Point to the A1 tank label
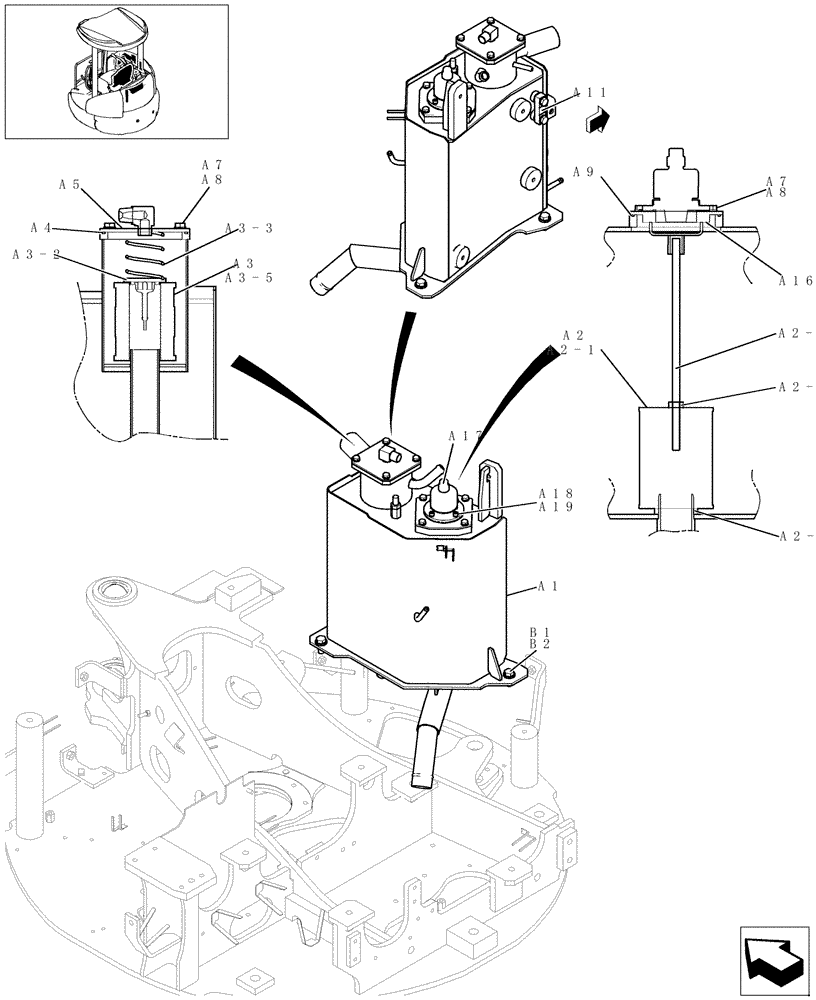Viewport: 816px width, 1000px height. (x=548, y=585)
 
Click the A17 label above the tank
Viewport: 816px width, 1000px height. (x=467, y=436)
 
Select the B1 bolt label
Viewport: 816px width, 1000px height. (x=541, y=631)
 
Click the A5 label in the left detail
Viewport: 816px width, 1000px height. (x=69, y=184)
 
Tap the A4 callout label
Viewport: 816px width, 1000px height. (x=41, y=227)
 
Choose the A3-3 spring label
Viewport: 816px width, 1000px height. (x=249, y=228)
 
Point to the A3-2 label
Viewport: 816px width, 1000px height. (x=36, y=255)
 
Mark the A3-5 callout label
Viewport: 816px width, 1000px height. (x=249, y=278)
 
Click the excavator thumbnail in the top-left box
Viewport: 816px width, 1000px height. (x=115, y=71)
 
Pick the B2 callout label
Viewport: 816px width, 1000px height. (x=541, y=645)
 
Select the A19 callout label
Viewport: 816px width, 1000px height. (x=555, y=508)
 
